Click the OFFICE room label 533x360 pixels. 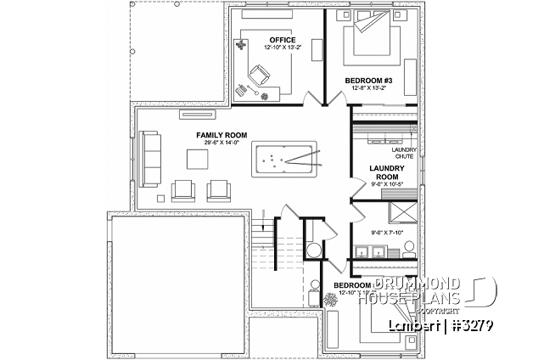pyautogui.click(x=282, y=39)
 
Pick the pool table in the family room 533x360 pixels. pyautogui.click(x=285, y=159)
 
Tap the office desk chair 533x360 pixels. pyautogui.click(x=255, y=71)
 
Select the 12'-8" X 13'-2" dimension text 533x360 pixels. pyautogui.click(x=367, y=87)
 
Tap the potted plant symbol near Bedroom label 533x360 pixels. pyautogui.click(x=331, y=300)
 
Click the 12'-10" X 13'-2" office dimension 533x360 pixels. pyautogui.click(x=282, y=47)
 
